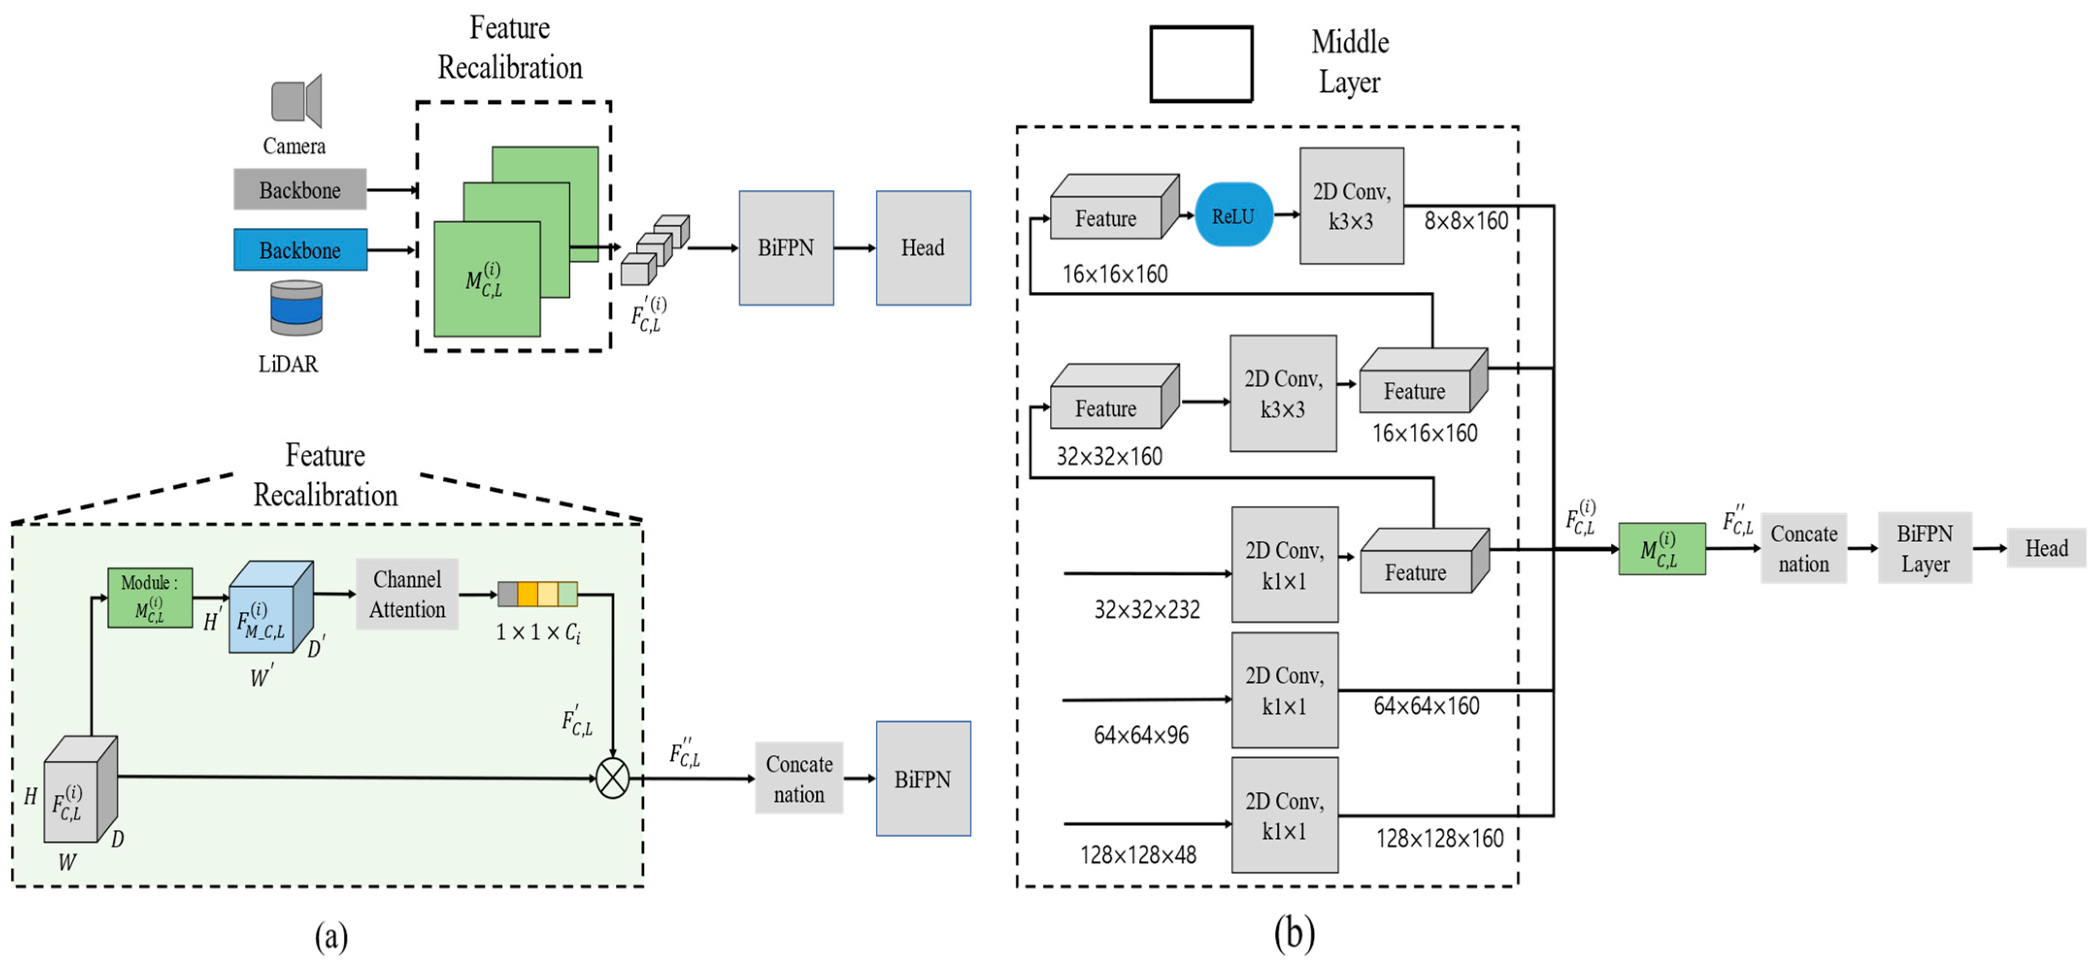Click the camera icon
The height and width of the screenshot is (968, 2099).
296,101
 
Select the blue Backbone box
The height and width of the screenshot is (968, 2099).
300,250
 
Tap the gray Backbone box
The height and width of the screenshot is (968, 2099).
300,190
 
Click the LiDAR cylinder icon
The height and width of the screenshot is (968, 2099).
296,308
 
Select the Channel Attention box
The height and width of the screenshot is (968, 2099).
407,594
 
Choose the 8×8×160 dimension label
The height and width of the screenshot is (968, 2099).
1465,221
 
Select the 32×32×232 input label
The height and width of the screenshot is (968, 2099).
1146,609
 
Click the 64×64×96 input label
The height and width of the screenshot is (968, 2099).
1141,735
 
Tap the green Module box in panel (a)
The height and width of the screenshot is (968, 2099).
150,597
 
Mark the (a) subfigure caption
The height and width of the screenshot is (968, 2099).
331,935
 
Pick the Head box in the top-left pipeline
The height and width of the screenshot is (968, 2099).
923,248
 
